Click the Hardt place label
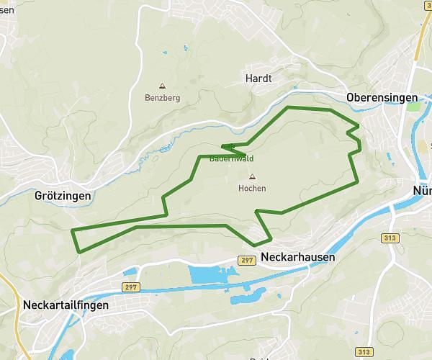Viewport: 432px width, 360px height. (258, 78)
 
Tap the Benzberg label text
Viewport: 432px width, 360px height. (162, 97)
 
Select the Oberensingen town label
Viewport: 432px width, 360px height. (382, 97)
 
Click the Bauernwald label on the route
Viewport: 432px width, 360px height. (231, 158)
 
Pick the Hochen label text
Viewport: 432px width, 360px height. (252, 189)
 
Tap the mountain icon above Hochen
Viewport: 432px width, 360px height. (252, 176)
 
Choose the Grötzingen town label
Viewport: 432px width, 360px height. (63, 195)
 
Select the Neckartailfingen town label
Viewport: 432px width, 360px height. (66, 305)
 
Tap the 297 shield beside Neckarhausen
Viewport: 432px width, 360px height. (248, 259)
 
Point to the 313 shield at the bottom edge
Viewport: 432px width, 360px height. (365, 351)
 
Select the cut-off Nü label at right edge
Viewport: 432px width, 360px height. (422, 191)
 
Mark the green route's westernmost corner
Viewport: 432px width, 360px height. (72, 230)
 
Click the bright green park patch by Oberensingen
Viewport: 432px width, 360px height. (413, 107)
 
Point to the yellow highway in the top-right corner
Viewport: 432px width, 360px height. (420, 29)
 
